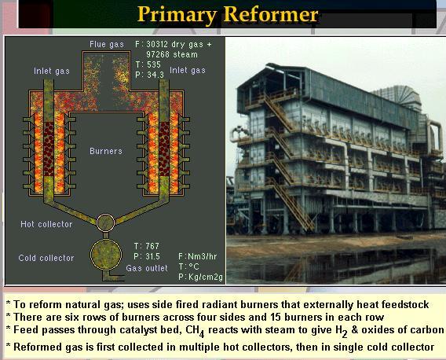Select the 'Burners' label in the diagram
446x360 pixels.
[x=106, y=150]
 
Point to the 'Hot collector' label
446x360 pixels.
[x=46, y=224]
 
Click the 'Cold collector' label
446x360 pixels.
[x=46, y=258]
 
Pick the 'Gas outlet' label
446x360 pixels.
[x=147, y=268]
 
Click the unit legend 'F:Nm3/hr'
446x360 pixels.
[x=198, y=256]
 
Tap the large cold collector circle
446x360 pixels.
[x=105, y=256]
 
